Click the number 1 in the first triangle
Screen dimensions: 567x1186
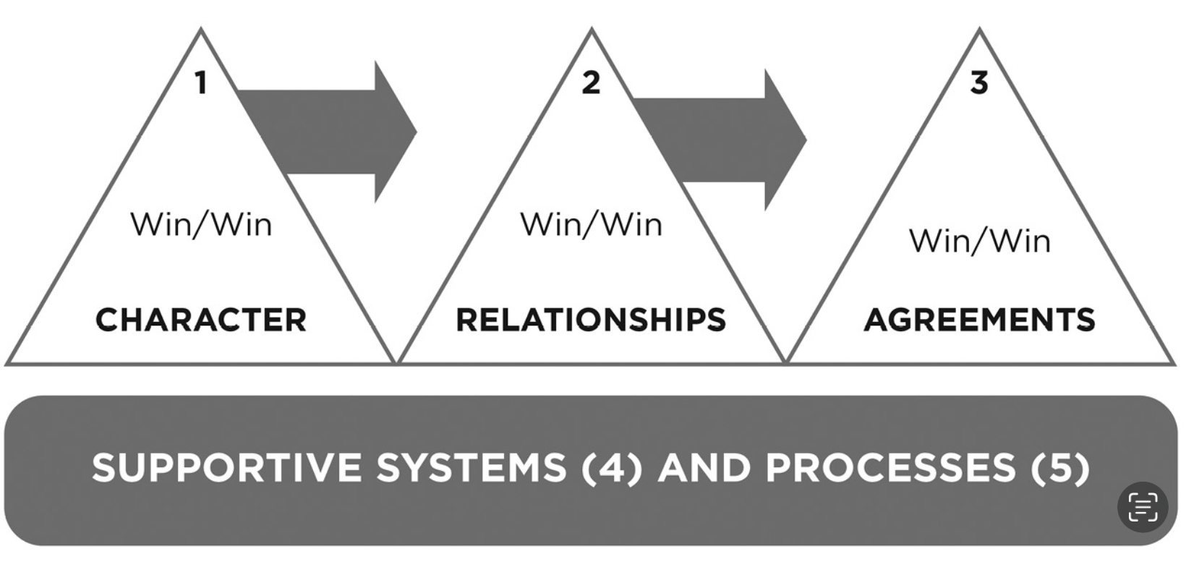coord(201,82)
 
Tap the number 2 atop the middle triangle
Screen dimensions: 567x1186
coord(591,82)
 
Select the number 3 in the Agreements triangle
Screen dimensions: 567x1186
coord(979,82)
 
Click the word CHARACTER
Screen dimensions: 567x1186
coord(201,320)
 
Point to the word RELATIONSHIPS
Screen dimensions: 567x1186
coord(591,320)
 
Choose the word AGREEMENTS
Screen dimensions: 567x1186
coord(980,320)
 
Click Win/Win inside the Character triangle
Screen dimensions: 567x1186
coord(201,224)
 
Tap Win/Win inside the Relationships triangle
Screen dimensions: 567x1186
coord(591,224)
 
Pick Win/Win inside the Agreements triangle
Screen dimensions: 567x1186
coord(980,241)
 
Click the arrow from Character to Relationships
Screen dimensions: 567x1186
coord(340,132)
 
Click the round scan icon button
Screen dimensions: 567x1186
coord(1143,507)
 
